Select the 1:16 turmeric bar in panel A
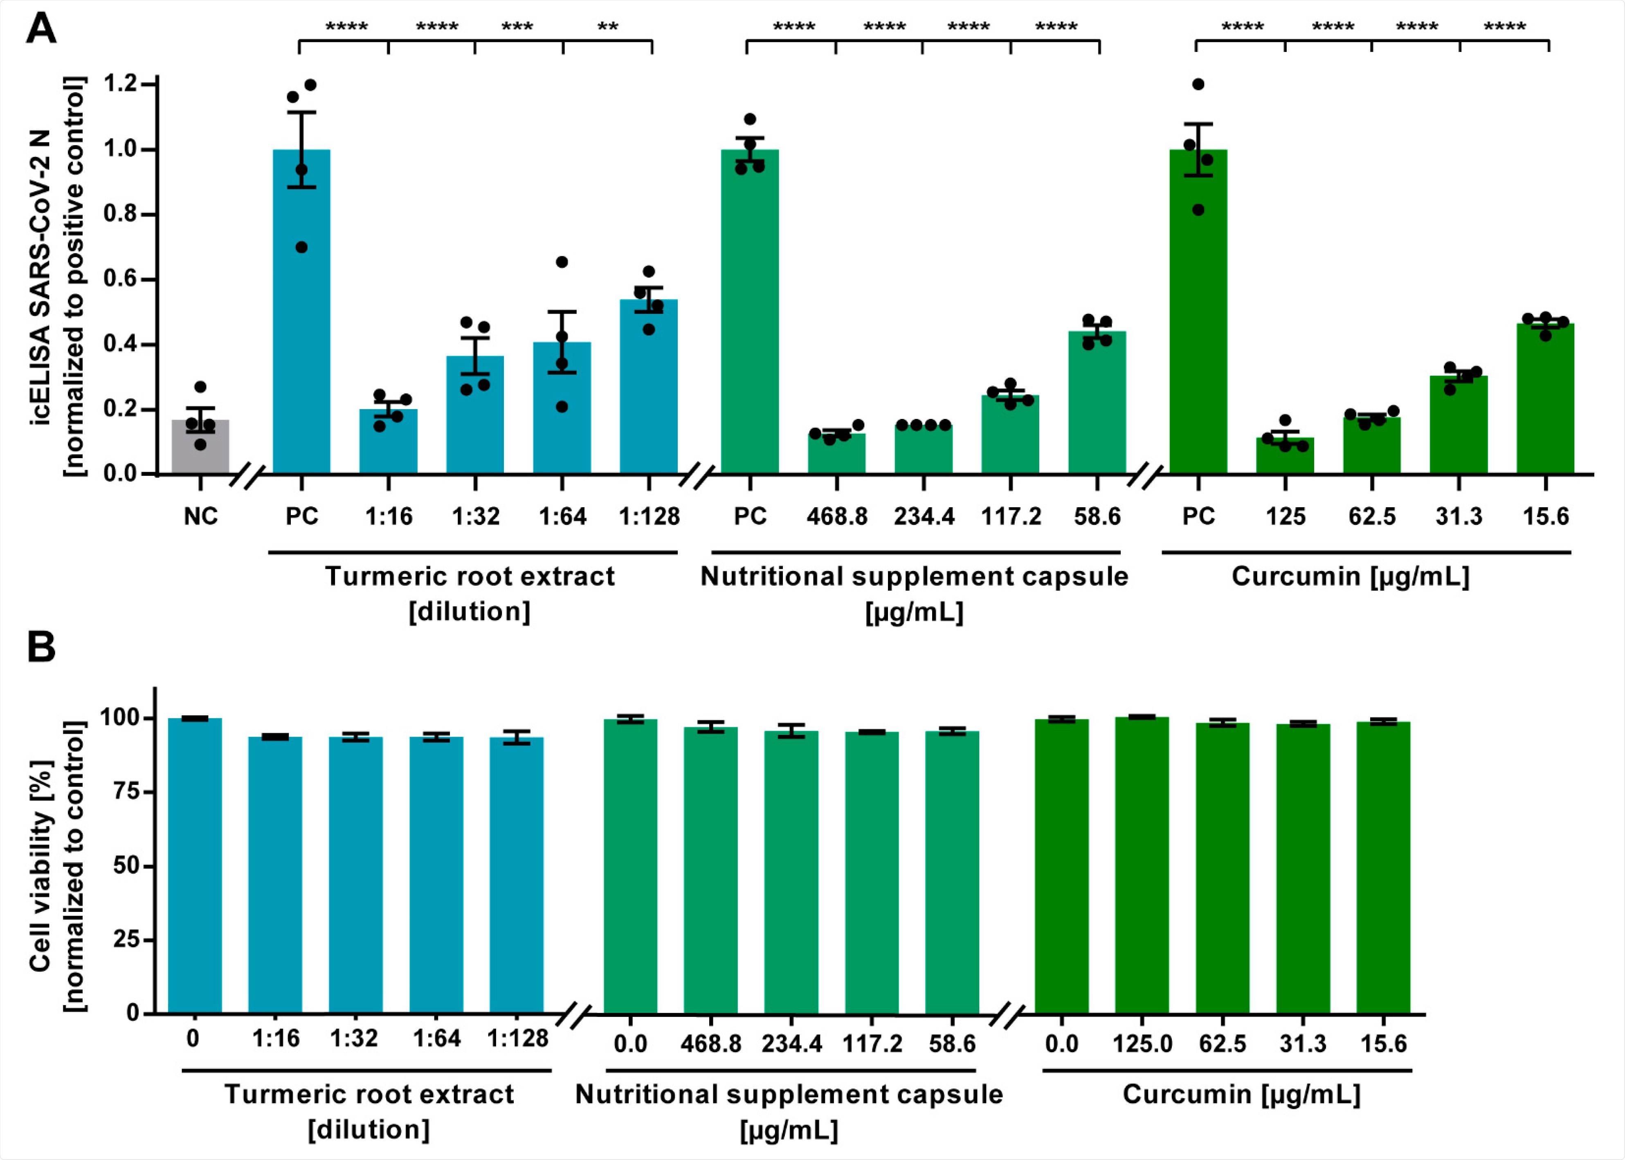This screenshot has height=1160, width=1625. click(x=388, y=443)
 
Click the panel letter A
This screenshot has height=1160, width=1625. click(x=41, y=30)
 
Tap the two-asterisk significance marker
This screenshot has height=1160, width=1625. click(x=607, y=27)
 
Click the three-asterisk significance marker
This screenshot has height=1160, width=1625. click(x=517, y=27)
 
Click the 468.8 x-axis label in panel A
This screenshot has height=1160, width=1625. click(x=837, y=516)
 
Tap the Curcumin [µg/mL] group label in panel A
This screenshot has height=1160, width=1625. click(x=1350, y=576)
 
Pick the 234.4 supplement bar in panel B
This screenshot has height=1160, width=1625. click(x=791, y=871)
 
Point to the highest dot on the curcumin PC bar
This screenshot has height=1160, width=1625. click(x=1198, y=84)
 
